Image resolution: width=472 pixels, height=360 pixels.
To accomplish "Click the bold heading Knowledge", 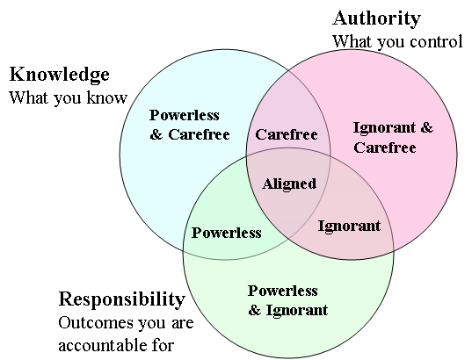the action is coord(59,75).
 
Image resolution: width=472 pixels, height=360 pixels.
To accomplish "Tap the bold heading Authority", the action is coord(376,18).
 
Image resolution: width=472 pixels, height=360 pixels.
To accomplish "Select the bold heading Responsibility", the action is coord(122,299).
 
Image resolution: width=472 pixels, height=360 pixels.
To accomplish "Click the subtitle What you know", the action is coord(69,97).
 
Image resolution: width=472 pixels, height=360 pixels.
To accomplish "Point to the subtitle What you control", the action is coord(397,41).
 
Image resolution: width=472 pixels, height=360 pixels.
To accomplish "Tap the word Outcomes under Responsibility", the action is coord(96,323).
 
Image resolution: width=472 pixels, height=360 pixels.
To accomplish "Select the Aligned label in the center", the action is coord(289,184).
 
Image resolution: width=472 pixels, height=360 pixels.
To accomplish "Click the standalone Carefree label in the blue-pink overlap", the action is coord(287,134).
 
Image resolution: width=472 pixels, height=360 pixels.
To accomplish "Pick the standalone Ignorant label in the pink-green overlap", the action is coord(349,226).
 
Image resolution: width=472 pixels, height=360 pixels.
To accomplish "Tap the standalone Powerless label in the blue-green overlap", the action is coord(227,233).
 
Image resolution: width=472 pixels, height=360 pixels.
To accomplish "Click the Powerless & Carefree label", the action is coord(190,125).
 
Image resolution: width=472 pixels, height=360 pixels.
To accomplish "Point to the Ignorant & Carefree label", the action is coord(393,138).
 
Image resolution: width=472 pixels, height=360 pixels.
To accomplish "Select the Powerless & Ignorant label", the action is coord(287,300).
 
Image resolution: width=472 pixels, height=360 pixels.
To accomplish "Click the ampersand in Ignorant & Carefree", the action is coord(427,127).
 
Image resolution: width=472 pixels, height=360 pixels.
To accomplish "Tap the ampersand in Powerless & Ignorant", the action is coord(254,310).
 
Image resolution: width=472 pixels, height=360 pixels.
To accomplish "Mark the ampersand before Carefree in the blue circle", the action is coord(156,134).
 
